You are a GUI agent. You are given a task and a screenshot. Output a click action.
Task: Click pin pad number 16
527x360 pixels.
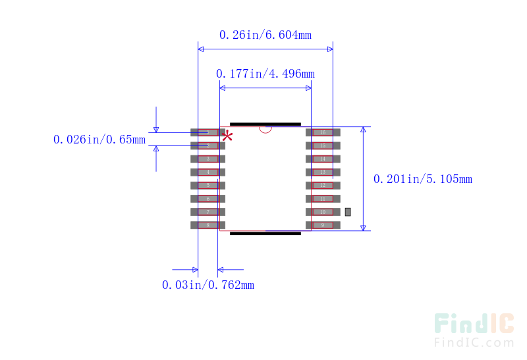tap(322, 132)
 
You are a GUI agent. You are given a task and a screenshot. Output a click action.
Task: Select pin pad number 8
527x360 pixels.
tap(208, 225)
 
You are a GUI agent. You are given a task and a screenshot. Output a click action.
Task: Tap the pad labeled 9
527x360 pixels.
tap(322, 225)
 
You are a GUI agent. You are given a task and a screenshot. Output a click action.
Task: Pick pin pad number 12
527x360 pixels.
tap(322, 185)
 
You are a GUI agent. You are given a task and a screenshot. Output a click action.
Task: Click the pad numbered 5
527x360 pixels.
tap(208, 185)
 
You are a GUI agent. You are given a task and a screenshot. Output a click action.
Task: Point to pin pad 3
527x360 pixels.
tap(208, 159)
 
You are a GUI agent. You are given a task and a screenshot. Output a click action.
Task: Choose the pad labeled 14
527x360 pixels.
tap(322, 159)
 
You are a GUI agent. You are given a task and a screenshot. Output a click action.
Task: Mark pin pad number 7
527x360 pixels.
tap(208, 212)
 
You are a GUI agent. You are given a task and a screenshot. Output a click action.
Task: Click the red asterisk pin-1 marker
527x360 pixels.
tap(228, 136)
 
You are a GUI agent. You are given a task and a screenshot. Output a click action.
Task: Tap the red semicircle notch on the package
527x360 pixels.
tap(265, 130)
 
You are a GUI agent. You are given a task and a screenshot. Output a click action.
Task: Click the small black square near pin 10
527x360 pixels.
tap(348, 212)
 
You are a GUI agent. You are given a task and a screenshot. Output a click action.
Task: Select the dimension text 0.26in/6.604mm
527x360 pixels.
tap(265, 34)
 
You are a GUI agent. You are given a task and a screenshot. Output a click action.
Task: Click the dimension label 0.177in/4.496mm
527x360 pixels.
tap(265, 73)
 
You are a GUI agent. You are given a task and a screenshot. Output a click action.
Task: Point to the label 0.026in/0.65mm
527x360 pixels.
tap(99, 140)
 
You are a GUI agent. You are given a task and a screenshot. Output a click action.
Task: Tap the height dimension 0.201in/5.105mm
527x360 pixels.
tap(422, 178)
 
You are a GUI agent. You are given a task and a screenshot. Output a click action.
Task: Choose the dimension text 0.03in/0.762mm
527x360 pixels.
tap(208, 285)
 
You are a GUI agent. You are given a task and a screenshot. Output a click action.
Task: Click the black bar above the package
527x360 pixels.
tap(265, 124)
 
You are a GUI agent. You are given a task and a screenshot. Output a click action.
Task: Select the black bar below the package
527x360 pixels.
tap(265, 233)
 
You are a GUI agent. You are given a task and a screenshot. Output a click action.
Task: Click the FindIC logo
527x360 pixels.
tap(474, 323)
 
